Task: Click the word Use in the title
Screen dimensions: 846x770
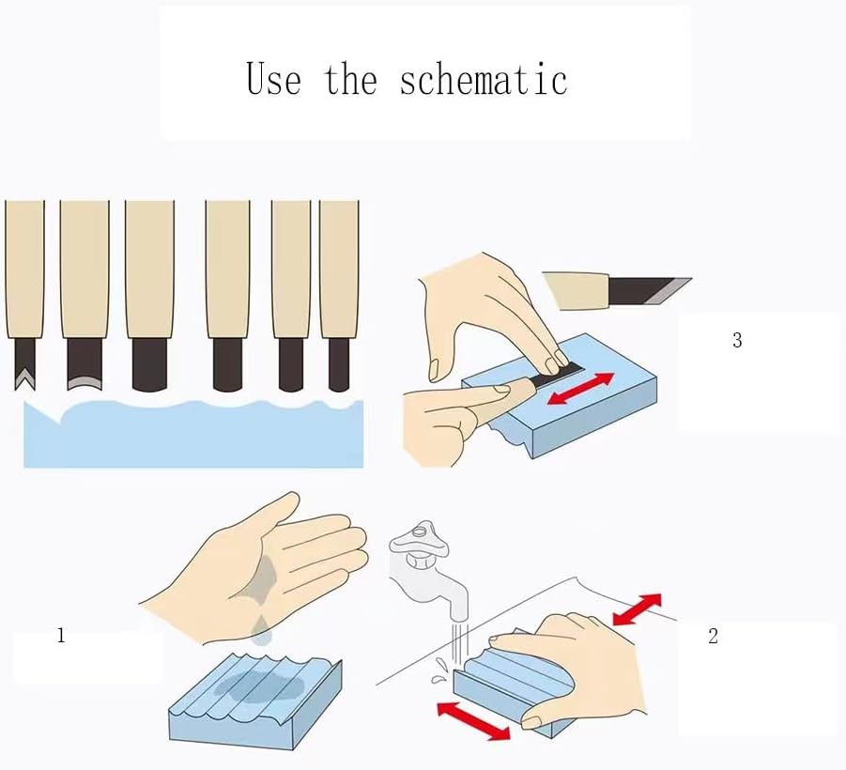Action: click(x=273, y=79)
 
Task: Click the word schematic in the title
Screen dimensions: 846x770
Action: click(x=484, y=79)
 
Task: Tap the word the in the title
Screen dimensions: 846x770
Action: click(x=350, y=79)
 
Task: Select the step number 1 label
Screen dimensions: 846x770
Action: click(x=61, y=636)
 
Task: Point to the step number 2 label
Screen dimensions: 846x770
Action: click(x=713, y=636)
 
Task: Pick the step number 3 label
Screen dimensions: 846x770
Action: click(x=737, y=339)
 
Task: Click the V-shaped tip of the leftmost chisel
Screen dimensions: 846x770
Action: click(x=24, y=377)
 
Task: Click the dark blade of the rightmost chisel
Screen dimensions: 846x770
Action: click(x=338, y=364)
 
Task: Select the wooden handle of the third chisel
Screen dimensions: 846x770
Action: click(x=149, y=269)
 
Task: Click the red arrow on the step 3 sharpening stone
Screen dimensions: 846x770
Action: click(x=580, y=389)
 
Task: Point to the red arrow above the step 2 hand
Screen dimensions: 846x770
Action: click(x=638, y=608)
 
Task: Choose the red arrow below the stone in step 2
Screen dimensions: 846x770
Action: click(x=473, y=720)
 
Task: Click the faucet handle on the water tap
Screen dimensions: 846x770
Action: click(x=419, y=540)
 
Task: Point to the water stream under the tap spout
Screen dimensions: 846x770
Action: click(x=459, y=644)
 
